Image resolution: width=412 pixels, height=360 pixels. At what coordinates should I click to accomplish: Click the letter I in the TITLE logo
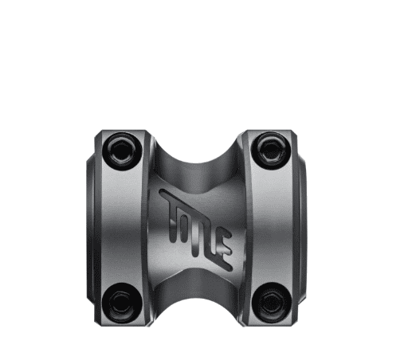186,220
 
